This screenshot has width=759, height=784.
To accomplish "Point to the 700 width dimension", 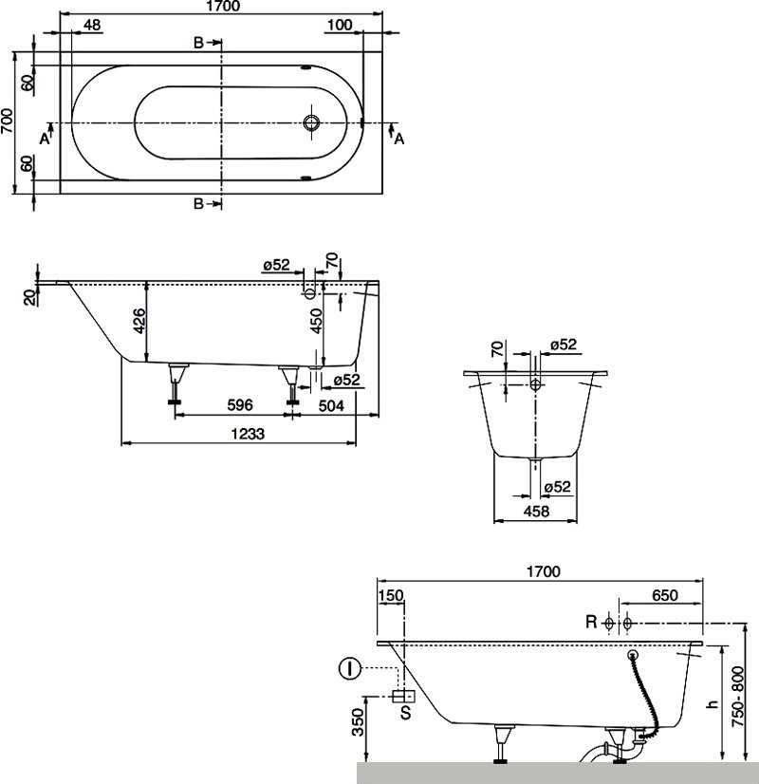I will (8, 123).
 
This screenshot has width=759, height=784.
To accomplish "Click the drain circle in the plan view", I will (311, 123).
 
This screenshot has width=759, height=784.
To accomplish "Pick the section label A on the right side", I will (399, 139).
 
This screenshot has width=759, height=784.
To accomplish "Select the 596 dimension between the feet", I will (240, 405).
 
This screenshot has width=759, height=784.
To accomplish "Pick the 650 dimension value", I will (664, 595).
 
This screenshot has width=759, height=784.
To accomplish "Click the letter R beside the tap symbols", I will (590, 623).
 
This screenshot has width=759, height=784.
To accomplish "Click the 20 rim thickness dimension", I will (30, 297).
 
